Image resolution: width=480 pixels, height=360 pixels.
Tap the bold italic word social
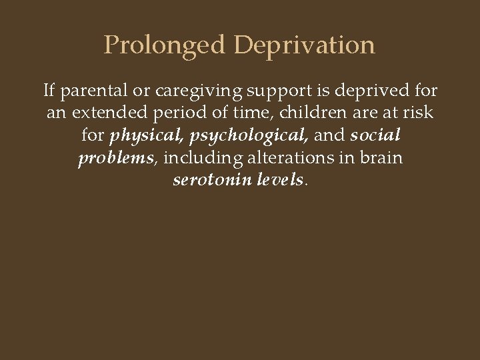[374, 135]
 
